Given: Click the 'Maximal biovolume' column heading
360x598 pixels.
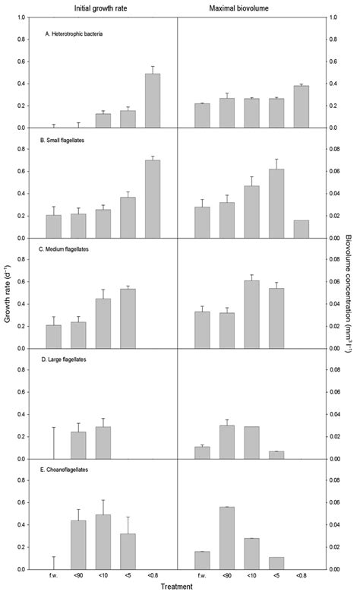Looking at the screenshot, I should [x=250, y=7].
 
